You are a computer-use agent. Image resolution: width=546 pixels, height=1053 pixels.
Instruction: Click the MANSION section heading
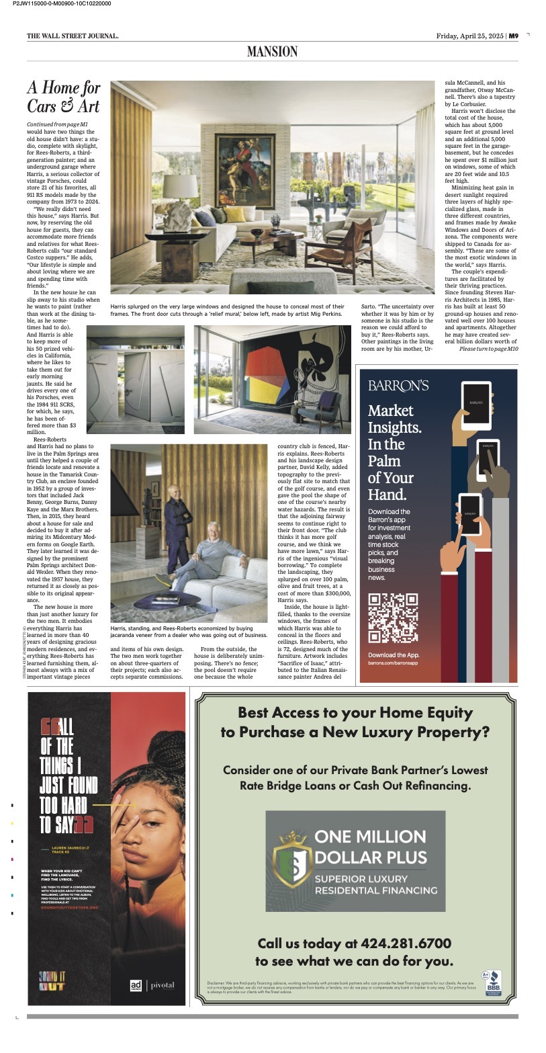click(x=272, y=51)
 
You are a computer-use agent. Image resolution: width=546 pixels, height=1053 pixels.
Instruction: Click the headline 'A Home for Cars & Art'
click(x=64, y=96)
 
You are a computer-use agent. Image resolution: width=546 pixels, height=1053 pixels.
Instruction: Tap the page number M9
click(x=513, y=36)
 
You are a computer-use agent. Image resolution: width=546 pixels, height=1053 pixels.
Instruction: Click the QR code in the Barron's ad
click(x=394, y=618)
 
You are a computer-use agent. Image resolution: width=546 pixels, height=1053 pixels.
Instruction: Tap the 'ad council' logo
click(x=136, y=985)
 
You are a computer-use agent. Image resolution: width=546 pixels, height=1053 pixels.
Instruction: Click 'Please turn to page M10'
click(x=488, y=349)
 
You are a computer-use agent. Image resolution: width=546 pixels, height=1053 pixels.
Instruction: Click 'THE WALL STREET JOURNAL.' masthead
click(x=73, y=36)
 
